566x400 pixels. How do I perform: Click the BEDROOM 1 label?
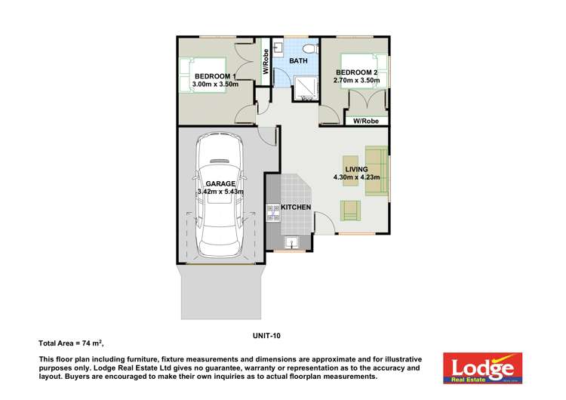[216, 76]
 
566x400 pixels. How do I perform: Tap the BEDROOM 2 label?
[358, 72]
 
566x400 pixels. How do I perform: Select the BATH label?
[298, 60]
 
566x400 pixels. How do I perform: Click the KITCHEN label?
[297, 207]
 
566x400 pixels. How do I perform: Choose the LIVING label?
[356, 169]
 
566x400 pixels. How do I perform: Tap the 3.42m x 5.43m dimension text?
[220, 192]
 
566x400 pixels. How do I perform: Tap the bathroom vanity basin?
[278, 49]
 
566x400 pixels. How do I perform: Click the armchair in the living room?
[350, 210]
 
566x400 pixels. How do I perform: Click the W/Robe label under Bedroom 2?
[367, 121]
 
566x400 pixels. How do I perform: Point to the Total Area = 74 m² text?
[71, 343]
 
